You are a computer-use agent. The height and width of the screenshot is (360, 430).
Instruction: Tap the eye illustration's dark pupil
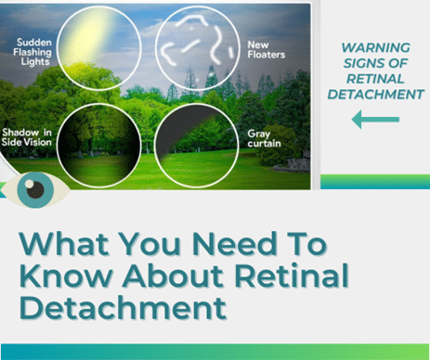(x=36, y=190)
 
